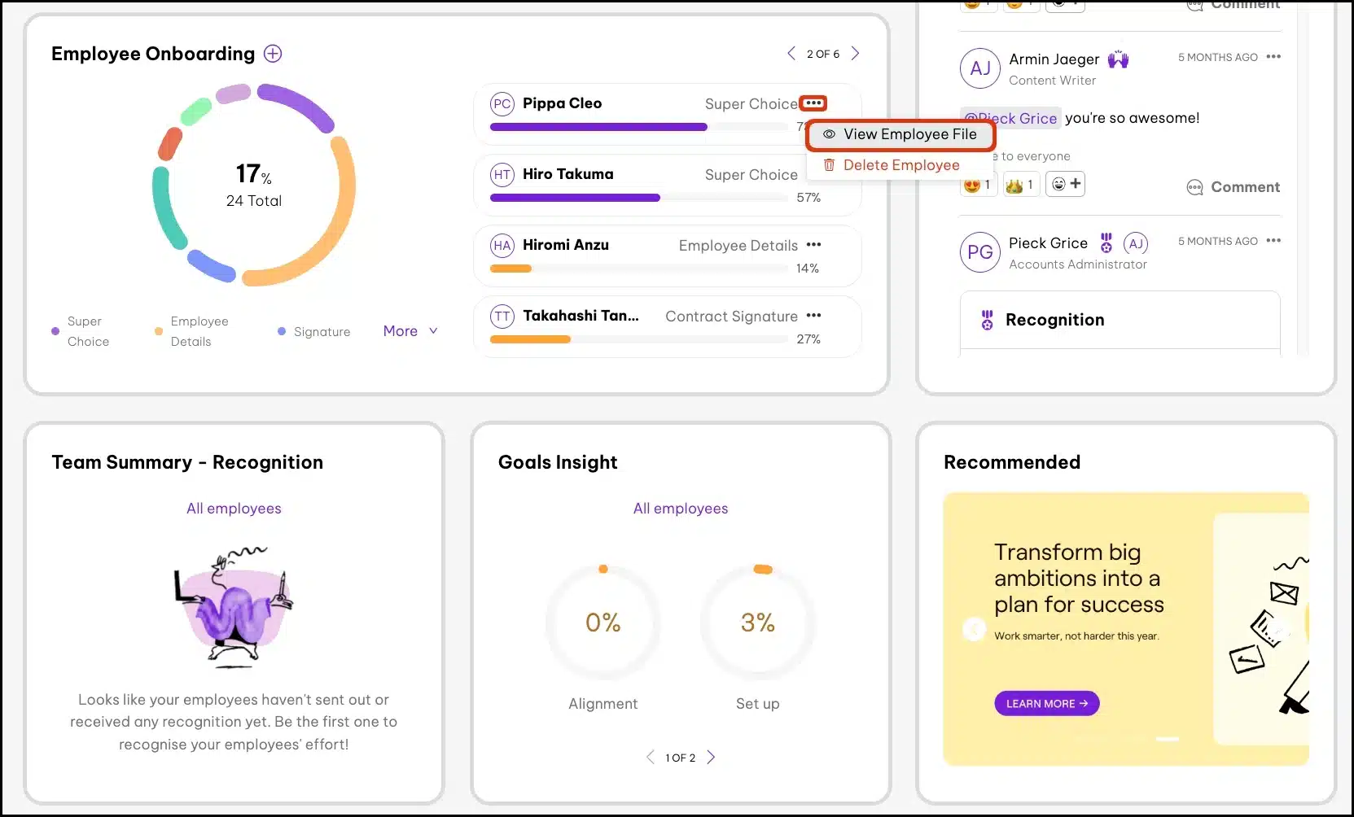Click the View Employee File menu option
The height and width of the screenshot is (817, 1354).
pos(901,134)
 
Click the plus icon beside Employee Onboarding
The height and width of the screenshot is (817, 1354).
pos(273,54)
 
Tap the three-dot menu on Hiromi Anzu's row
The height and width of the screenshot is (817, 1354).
pos(813,245)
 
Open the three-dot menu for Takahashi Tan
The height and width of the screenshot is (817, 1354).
pos(813,316)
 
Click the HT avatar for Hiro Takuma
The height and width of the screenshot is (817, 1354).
pos(502,174)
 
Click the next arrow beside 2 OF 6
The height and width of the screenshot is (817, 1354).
pos(855,54)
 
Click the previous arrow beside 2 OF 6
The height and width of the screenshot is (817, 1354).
pos(791,54)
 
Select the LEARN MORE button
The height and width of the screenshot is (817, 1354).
pos(1046,703)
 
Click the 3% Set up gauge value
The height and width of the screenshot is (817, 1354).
pos(757,623)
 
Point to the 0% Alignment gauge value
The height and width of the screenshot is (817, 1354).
pos(603,623)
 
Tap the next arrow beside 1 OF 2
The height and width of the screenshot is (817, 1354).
pos(711,757)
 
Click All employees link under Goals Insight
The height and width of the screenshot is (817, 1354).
pos(681,509)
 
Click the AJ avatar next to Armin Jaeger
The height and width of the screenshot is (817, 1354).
pos(980,68)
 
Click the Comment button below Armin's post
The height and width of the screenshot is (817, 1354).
pos(1233,187)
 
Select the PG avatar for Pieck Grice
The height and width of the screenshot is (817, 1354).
pos(980,252)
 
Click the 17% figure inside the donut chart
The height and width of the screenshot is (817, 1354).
pos(253,173)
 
